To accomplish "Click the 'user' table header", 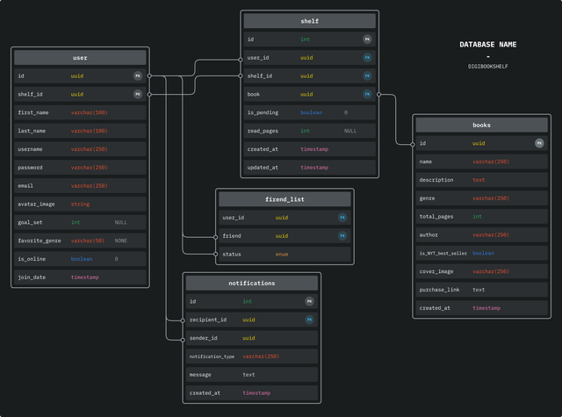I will pos(80,58).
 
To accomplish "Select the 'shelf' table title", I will pos(309,21).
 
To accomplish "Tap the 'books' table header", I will pos(481,125).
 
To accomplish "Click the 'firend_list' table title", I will pos(285,199).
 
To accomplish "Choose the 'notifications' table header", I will pos(252,283).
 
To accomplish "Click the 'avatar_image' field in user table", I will pos(36,204).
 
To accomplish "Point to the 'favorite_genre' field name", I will pos(39,241).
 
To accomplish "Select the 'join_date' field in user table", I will pos(32,277).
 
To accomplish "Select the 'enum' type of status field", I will pos(282,255).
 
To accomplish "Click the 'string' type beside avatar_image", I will pos(80,204).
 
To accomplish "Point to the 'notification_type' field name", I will pos(212,356).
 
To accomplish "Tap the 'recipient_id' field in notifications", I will pos(208,320).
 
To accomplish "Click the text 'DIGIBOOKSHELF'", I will pos(488,66).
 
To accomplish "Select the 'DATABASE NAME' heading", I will pos(488,44).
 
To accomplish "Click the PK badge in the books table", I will pos(539,143).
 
